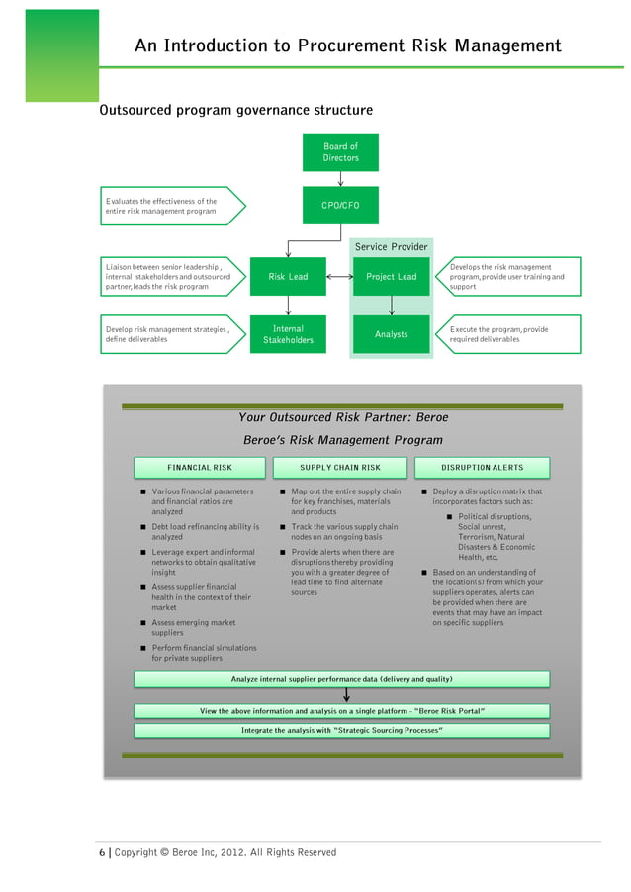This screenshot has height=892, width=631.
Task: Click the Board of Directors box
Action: [340, 152]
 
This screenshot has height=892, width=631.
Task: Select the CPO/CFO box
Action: [340, 206]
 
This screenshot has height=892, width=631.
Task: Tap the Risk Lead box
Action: [288, 277]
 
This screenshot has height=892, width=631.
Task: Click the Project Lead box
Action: [392, 277]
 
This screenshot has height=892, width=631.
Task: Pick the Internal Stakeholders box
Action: [288, 334]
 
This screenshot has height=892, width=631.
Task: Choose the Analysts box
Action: [392, 334]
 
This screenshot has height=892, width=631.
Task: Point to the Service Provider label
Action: [392, 246]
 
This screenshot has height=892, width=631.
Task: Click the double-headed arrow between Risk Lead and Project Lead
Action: [339, 277]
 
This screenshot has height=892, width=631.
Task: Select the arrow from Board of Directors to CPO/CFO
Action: [340, 179]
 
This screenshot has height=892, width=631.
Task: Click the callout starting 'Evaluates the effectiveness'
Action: [168, 206]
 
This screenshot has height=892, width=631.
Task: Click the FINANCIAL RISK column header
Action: [200, 467]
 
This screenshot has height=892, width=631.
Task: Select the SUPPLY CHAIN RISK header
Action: [340, 467]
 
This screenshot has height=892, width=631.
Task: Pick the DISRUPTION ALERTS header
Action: [483, 467]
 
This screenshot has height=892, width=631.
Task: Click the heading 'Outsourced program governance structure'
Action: [235, 110]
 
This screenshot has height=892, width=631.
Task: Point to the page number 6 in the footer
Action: [100, 852]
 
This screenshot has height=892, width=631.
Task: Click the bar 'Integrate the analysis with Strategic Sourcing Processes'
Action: [341, 731]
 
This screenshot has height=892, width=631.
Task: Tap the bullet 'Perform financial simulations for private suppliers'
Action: [203, 653]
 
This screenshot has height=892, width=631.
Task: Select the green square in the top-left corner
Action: [61, 55]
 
